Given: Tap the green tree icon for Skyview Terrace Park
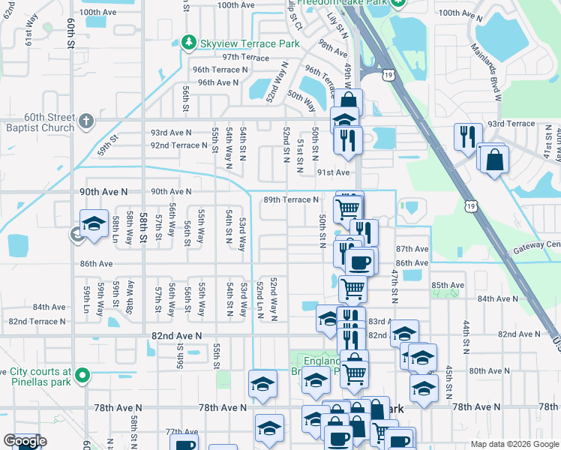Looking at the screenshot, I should pyautogui.click(x=190, y=43).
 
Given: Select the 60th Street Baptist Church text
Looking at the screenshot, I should pyautogui.click(x=37, y=123).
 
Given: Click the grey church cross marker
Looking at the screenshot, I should pyautogui.click(x=86, y=121).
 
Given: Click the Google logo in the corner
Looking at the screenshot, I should pyautogui.click(x=25, y=441).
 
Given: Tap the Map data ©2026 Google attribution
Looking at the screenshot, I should pyautogui.click(x=514, y=444).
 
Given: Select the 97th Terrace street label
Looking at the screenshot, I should pyautogui.click(x=245, y=57).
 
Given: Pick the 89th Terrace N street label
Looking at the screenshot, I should pyautogui.click(x=291, y=199).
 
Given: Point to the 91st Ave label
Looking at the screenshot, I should pyautogui.click(x=333, y=172).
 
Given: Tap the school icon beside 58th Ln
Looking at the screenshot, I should pyautogui.click(x=94, y=223).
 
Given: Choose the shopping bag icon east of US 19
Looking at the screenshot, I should pyautogui.click(x=495, y=159).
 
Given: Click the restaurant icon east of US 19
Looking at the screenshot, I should pyautogui.click(x=466, y=136).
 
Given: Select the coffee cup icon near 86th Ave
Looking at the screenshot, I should pyautogui.click(x=360, y=261).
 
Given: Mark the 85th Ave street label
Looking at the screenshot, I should pyautogui.click(x=448, y=285).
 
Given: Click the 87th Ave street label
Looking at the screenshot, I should pyautogui.click(x=412, y=249).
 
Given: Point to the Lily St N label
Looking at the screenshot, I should pyautogui.click(x=343, y=29).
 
